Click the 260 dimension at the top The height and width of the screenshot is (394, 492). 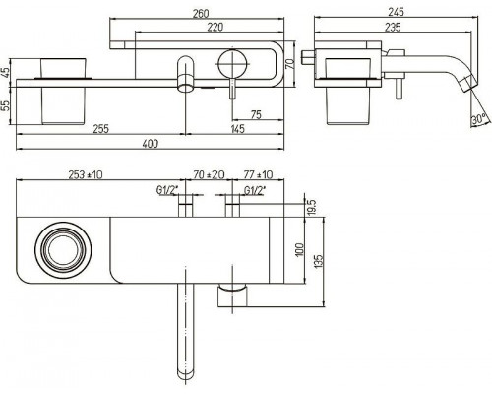pos(201,14)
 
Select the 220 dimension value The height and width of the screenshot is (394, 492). pos(215,27)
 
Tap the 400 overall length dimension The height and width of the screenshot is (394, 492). pos(151,144)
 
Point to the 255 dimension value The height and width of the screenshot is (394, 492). pos(100,128)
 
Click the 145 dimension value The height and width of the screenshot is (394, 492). pos(237,128)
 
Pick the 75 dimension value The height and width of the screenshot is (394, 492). pos(256,114)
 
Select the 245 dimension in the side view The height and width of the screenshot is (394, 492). pos(396,12)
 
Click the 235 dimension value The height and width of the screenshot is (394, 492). pos(393,27)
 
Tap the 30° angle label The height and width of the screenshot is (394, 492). pos(479,119)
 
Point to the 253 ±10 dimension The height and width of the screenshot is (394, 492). pos(86,174)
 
